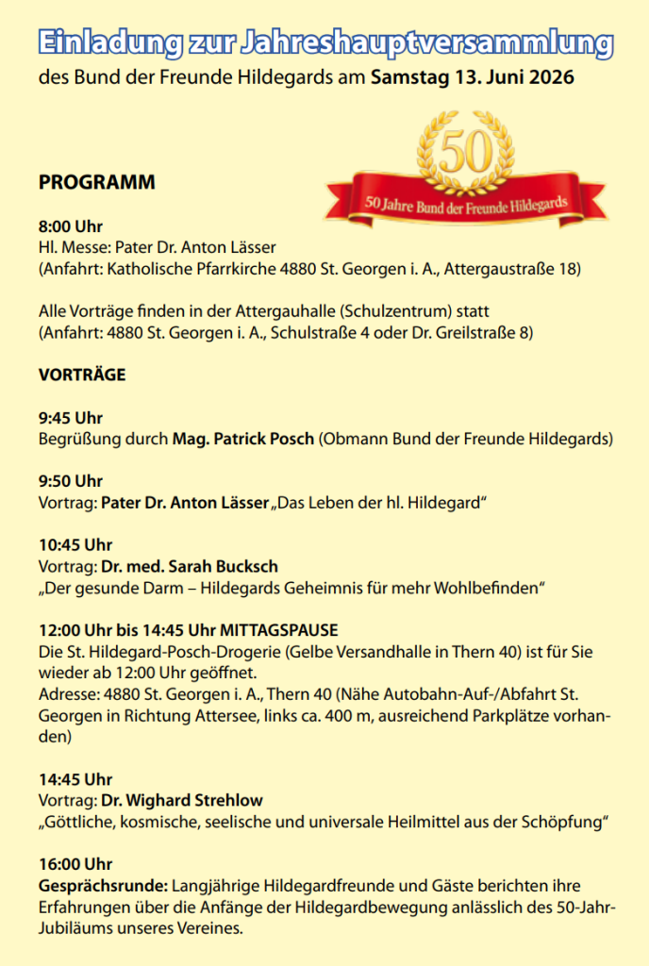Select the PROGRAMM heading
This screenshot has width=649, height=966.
tap(96, 183)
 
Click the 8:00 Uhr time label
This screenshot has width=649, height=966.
tap(71, 226)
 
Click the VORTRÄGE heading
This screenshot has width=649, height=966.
tap(82, 375)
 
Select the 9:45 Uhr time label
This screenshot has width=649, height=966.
tap(71, 418)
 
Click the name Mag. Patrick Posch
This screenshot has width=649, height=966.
tap(242, 439)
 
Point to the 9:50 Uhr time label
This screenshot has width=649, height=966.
tap(71, 481)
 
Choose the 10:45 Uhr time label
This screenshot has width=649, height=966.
tap(75, 544)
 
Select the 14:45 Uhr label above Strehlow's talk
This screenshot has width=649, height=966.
tap(75, 779)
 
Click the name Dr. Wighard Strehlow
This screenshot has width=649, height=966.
tap(182, 800)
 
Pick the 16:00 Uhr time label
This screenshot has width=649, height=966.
tap(75, 864)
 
